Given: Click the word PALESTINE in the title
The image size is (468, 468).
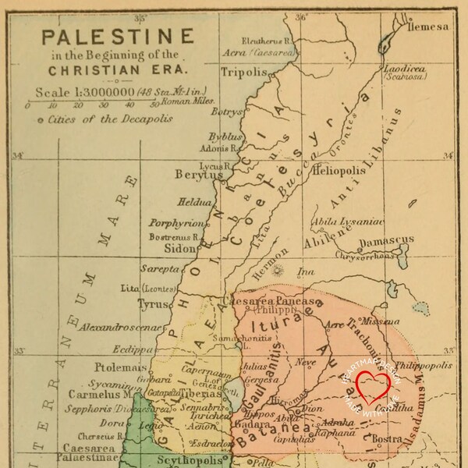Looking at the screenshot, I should tap(117, 37).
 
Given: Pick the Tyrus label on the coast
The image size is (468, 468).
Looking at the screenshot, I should tap(153, 304).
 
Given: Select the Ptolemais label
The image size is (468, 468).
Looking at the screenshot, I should tap(120, 367).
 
